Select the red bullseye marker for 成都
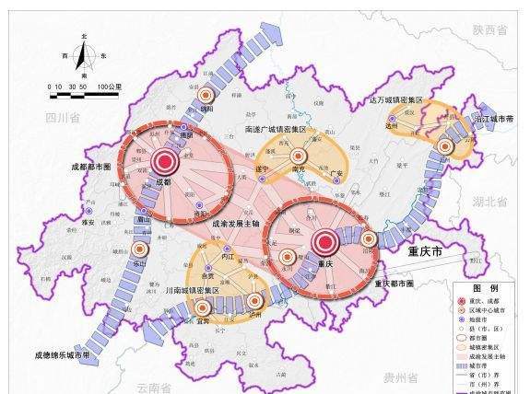pos(167,162)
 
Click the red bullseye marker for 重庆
pos(324,244)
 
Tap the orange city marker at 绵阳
pos(206,96)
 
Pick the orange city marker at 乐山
pos(141,249)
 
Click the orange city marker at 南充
pos(297,155)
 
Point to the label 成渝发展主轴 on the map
pos(234,224)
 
